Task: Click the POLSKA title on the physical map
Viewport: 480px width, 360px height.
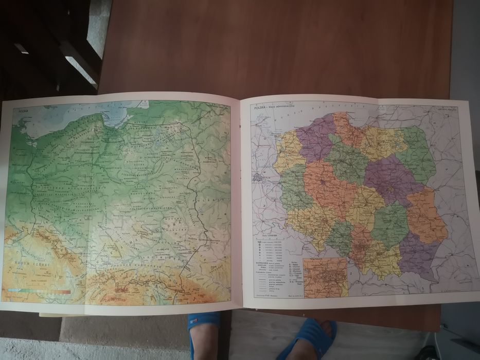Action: [x=23, y=111]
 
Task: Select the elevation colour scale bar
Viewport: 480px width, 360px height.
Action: [x=39, y=292]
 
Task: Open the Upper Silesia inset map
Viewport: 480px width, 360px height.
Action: [x=325, y=278]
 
